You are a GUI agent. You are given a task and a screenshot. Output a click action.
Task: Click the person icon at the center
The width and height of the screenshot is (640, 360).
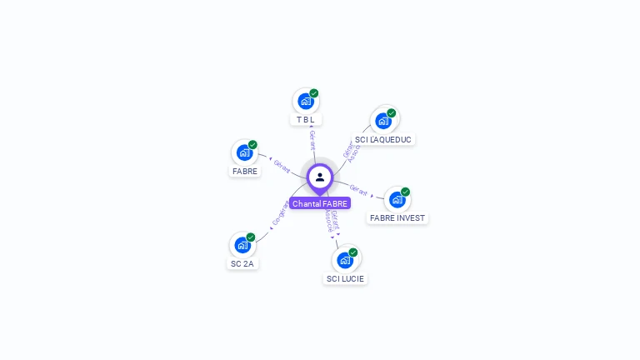(320, 177)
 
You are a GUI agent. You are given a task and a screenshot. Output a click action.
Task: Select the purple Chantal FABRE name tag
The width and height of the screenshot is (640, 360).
(320, 203)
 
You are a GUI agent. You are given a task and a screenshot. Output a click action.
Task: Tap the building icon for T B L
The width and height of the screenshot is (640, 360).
(306, 102)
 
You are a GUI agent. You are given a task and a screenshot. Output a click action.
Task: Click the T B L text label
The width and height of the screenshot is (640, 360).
(306, 120)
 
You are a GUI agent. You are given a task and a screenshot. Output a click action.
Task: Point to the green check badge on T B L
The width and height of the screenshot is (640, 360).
(314, 93)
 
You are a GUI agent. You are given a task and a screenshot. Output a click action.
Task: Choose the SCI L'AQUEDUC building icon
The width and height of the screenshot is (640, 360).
(383, 121)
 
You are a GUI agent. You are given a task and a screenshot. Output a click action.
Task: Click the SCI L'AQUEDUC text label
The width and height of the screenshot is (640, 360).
(383, 139)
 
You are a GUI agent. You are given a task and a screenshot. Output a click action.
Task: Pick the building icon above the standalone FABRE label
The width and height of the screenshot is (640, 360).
(244, 152)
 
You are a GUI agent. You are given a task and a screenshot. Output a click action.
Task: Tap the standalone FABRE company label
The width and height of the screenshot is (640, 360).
(245, 171)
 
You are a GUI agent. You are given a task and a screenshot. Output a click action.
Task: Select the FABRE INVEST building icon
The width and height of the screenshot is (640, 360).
(397, 200)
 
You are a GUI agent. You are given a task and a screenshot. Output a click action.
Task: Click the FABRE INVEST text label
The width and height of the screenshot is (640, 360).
(397, 218)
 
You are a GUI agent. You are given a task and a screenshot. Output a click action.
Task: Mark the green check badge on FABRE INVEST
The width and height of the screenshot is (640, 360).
(405, 192)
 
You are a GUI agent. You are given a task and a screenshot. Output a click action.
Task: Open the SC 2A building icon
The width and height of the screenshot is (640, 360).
(242, 245)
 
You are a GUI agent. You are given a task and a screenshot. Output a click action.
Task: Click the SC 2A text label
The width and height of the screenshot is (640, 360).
(242, 264)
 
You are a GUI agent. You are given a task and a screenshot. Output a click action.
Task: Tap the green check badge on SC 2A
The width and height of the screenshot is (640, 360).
(250, 237)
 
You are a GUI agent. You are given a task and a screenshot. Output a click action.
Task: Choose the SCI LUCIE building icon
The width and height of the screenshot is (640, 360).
(345, 260)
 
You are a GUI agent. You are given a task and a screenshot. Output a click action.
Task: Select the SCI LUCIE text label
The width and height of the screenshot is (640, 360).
(345, 279)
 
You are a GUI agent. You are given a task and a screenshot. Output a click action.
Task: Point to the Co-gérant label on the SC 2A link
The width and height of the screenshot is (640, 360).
(281, 214)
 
